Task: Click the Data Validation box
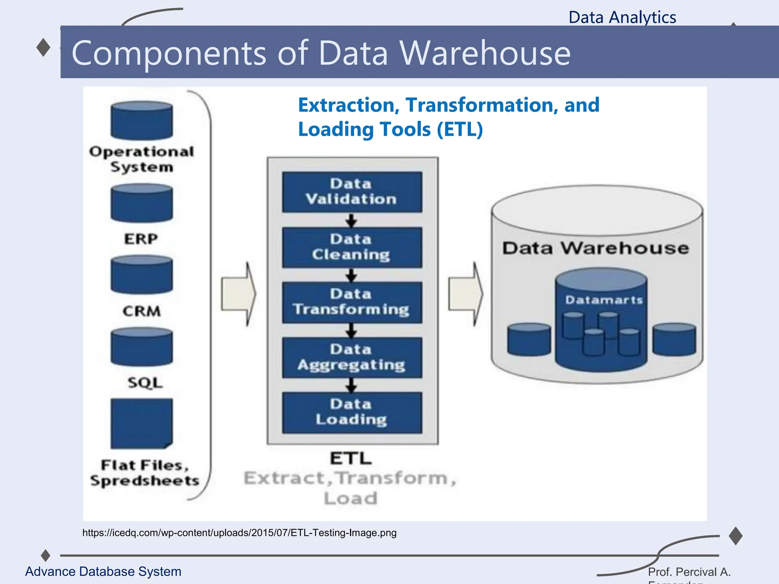(352, 192)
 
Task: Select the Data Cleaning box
(352, 247)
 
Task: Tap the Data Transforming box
(352, 302)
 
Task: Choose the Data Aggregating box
(352, 357)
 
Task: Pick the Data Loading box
(352, 413)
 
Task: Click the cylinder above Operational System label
(141, 121)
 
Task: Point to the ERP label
(141, 239)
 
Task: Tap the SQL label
(145, 382)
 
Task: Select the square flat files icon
(141, 423)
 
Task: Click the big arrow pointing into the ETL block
(239, 294)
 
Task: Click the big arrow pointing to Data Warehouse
(466, 294)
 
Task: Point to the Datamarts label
(604, 300)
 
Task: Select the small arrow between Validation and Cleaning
(351, 220)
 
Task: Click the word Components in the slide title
(169, 53)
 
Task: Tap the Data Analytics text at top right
(622, 17)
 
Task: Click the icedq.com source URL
(239, 533)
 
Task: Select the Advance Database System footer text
(103, 571)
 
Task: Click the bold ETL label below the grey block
(351, 458)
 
